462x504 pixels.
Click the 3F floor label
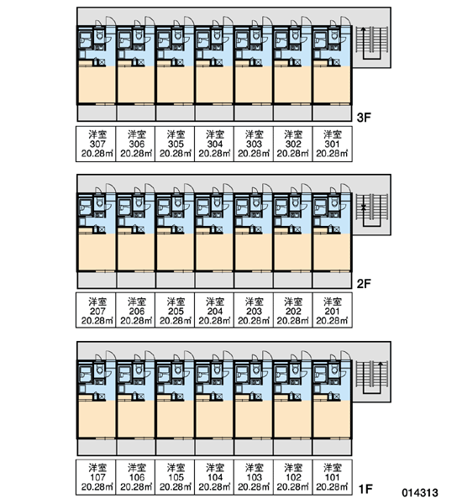pyautogui.click(x=364, y=118)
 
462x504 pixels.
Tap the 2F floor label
pyautogui.click(x=364, y=284)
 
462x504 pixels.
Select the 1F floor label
pyautogui.click(x=365, y=489)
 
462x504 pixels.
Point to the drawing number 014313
pyautogui.click(x=420, y=493)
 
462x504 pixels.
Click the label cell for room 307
pyautogui.click(x=96, y=144)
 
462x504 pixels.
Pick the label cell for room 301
pyautogui.click(x=332, y=144)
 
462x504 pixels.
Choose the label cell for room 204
pyautogui.click(x=214, y=310)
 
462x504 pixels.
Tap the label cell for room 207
pyautogui.click(x=96, y=310)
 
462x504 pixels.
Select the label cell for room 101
pyautogui.click(x=332, y=477)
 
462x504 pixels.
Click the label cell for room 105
pyautogui.click(x=175, y=477)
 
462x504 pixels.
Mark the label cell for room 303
pyautogui.click(x=254, y=144)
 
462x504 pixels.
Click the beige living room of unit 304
pyautogui.click(x=214, y=85)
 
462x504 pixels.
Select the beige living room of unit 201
pyautogui.click(x=332, y=252)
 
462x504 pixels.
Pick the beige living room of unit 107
pyautogui.click(x=97, y=419)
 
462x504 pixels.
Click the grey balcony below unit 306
pyautogui.click(x=136, y=113)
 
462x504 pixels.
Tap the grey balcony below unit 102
pyautogui.click(x=292, y=448)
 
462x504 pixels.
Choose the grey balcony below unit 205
pyautogui.click(x=176, y=281)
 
